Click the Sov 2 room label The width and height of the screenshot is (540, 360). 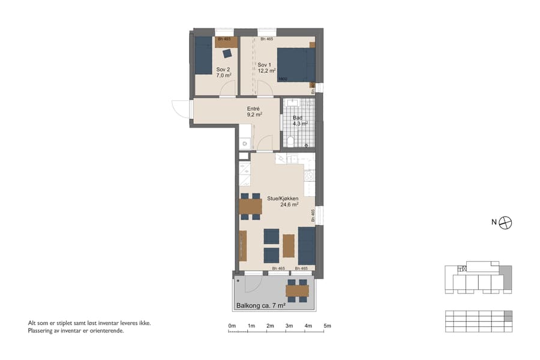pyautogui.click(x=223, y=70)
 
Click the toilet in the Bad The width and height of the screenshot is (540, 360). pyautogui.click(x=290, y=141)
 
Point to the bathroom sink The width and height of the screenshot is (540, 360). pyautogui.click(x=293, y=103)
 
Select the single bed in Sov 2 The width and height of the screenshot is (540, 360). pyautogui.click(x=203, y=55)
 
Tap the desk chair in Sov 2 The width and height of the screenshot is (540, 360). pyautogui.click(x=227, y=52)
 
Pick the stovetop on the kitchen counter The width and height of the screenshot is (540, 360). pyautogui.click(x=310, y=176)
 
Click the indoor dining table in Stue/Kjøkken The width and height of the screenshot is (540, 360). pyautogui.click(x=250, y=206)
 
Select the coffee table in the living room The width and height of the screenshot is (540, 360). pyautogui.click(x=289, y=245)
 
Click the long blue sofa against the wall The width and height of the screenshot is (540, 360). pyautogui.click(x=307, y=245)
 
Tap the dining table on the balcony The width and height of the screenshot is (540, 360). pyautogui.click(x=297, y=291)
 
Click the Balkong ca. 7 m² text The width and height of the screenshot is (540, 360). pyautogui.click(x=260, y=305)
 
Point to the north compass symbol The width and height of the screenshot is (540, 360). pyautogui.click(x=506, y=222)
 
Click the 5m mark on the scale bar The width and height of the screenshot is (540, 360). pyautogui.click(x=328, y=326)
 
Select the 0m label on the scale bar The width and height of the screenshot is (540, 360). pyautogui.click(x=232, y=326)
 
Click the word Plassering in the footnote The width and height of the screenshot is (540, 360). pyautogui.click(x=42, y=330)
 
